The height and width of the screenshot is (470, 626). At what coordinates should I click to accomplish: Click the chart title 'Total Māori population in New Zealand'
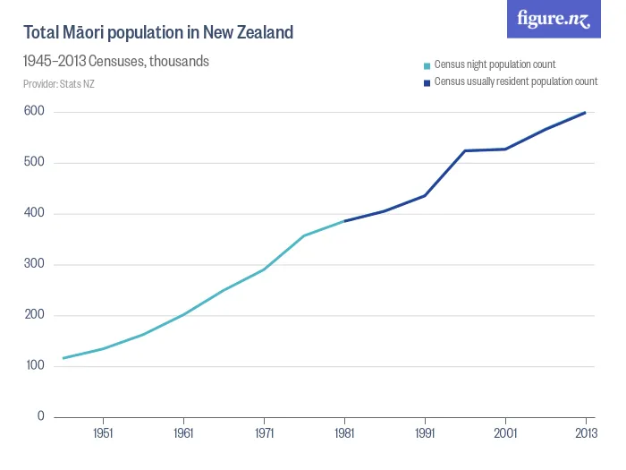(x=158, y=33)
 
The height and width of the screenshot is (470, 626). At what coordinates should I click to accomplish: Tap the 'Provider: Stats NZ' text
(x=59, y=83)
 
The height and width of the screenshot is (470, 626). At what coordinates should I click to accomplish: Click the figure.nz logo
(x=554, y=19)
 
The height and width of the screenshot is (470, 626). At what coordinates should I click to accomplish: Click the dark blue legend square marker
(x=427, y=81)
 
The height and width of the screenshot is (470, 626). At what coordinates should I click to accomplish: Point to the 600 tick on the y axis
(x=35, y=112)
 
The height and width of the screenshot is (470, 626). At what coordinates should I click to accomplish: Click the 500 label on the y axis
(x=35, y=163)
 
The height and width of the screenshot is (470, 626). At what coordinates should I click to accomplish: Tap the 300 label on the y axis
(x=35, y=265)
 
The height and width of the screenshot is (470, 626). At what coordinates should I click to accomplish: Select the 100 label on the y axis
(x=35, y=366)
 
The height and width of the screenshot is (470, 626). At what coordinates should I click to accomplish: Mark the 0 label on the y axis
(x=40, y=417)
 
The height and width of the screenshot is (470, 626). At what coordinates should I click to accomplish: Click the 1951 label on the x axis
(x=103, y=433)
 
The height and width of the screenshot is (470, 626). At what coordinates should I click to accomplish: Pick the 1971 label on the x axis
(x=264, y=433)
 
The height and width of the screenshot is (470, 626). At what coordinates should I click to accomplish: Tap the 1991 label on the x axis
(x=425, y=433)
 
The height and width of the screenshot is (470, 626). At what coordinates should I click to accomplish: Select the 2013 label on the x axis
(x=585, y=433)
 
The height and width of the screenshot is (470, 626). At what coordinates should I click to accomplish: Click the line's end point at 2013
(x=586, y=113)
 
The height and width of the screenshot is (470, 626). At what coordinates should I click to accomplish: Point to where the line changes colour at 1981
(x=344, y=221)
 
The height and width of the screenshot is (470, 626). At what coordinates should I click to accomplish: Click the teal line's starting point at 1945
(x=63, y=358)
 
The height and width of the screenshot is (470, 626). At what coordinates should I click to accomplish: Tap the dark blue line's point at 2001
(x=505, y=149)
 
